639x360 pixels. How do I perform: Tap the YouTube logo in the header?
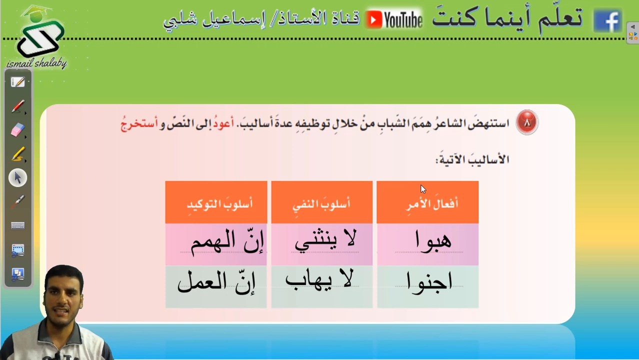(x=393, y=19)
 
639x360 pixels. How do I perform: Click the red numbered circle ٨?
(x=526, y=122)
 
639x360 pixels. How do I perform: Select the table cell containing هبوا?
(x=427, y=244)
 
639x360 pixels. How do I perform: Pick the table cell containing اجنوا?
(x=427, y=286)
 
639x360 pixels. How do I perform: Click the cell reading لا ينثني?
(x=322, y=244)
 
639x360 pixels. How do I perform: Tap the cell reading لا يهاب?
(x=322, y=286)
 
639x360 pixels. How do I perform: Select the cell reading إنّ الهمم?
(x=216, y=244)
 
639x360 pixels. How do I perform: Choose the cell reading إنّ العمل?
(x=216, y=286)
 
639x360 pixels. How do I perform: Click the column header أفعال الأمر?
(x=427, y=202)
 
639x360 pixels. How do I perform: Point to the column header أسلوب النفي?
(x=322, y=202)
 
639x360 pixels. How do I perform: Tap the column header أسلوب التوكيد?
(x=216, y=202)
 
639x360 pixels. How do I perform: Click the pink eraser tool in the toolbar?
(x=17, y=130)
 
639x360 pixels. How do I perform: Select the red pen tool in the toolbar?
(x=18, y=106)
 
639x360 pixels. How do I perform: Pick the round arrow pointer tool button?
(x=17, y=178)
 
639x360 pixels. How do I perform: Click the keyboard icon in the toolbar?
(x=17, y=225)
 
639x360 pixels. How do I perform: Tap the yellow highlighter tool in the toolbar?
(x=18, y=154)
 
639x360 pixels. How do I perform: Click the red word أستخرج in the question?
(x=139, y=124)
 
